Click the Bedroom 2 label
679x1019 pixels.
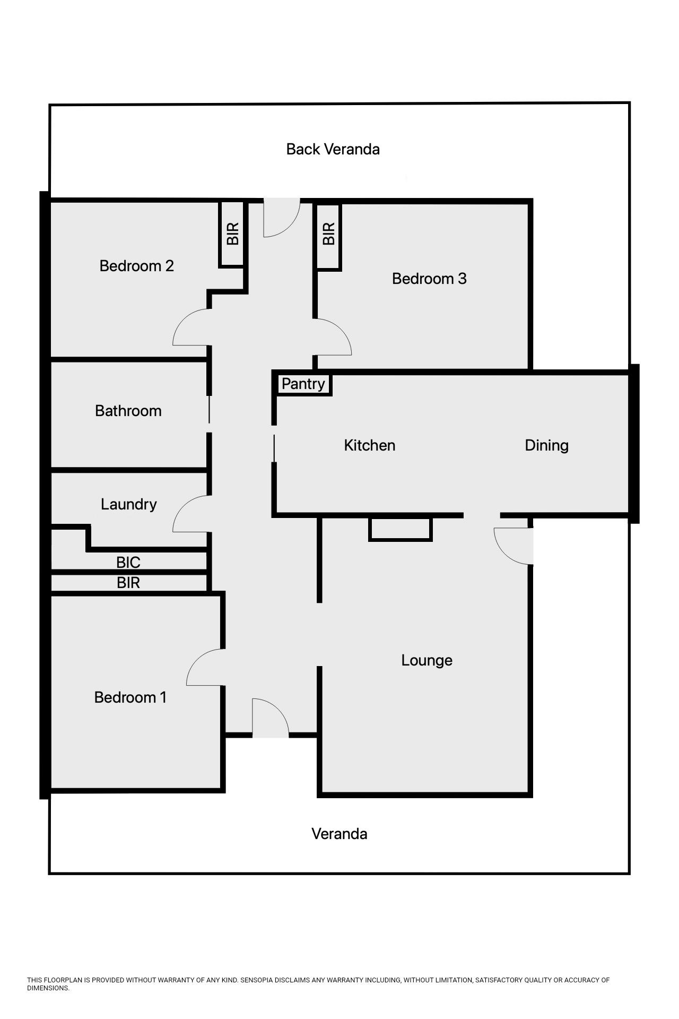tap(136, 266)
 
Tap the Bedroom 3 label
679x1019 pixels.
tap(429, 279)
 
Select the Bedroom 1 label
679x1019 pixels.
tap(130, 697)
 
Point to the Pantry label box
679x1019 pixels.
tap(303, 384)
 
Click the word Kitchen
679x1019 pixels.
tap(370, 445)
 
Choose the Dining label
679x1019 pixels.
tap(546, 445)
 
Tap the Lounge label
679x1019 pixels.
tap(426, 660)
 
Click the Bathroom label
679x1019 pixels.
tap(128, 411)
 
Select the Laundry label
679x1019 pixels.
tap(129, 504)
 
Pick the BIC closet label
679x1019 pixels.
tap(128, 562)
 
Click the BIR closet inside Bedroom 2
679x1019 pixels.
tap(232, 234)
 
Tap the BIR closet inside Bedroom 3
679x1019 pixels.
tap(329, 234)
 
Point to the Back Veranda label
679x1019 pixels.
tap(333, 149)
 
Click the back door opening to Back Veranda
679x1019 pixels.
tap(282, 218)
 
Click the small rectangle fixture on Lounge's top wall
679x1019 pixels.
tap(401, 529)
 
